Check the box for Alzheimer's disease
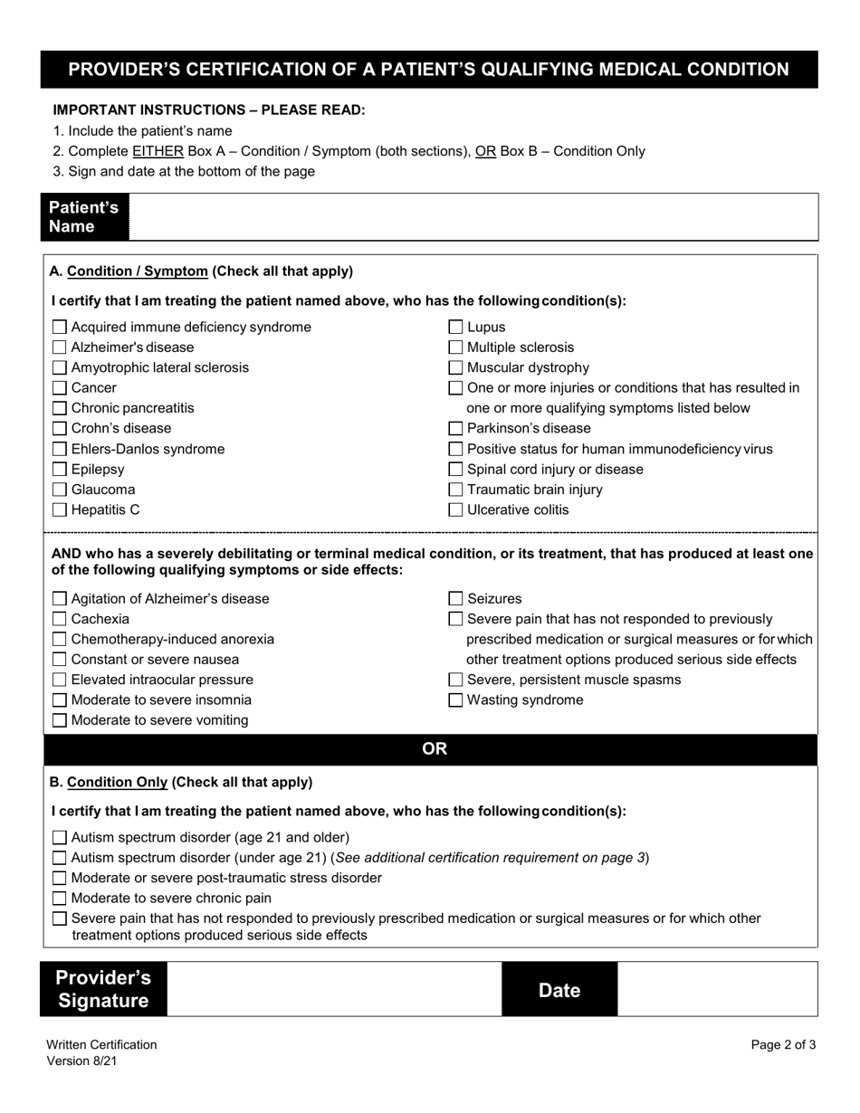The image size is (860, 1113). point(60,347)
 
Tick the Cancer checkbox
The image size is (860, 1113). point(60,388)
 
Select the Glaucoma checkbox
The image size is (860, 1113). point(60,490)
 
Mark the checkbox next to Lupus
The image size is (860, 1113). point(456,328)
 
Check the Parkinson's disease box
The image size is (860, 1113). point(456,429)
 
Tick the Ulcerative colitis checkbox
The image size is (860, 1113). point(456,510)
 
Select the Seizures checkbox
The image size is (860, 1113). point(456,599)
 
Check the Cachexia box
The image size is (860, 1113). point(60,619)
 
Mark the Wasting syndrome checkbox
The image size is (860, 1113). point(456,700)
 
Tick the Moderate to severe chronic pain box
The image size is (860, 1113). point(60,899)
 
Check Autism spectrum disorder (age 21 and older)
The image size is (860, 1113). point(60,838)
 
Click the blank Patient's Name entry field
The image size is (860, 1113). point(473,217)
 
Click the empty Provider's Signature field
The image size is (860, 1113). point(334,989)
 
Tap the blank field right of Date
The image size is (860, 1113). point(717,989)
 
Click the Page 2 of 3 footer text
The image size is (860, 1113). point(783,1045)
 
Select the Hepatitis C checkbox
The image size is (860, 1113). point(60,510)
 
